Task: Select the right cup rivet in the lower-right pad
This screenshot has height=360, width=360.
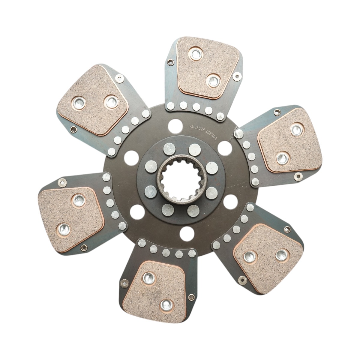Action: [x=281, y=255]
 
